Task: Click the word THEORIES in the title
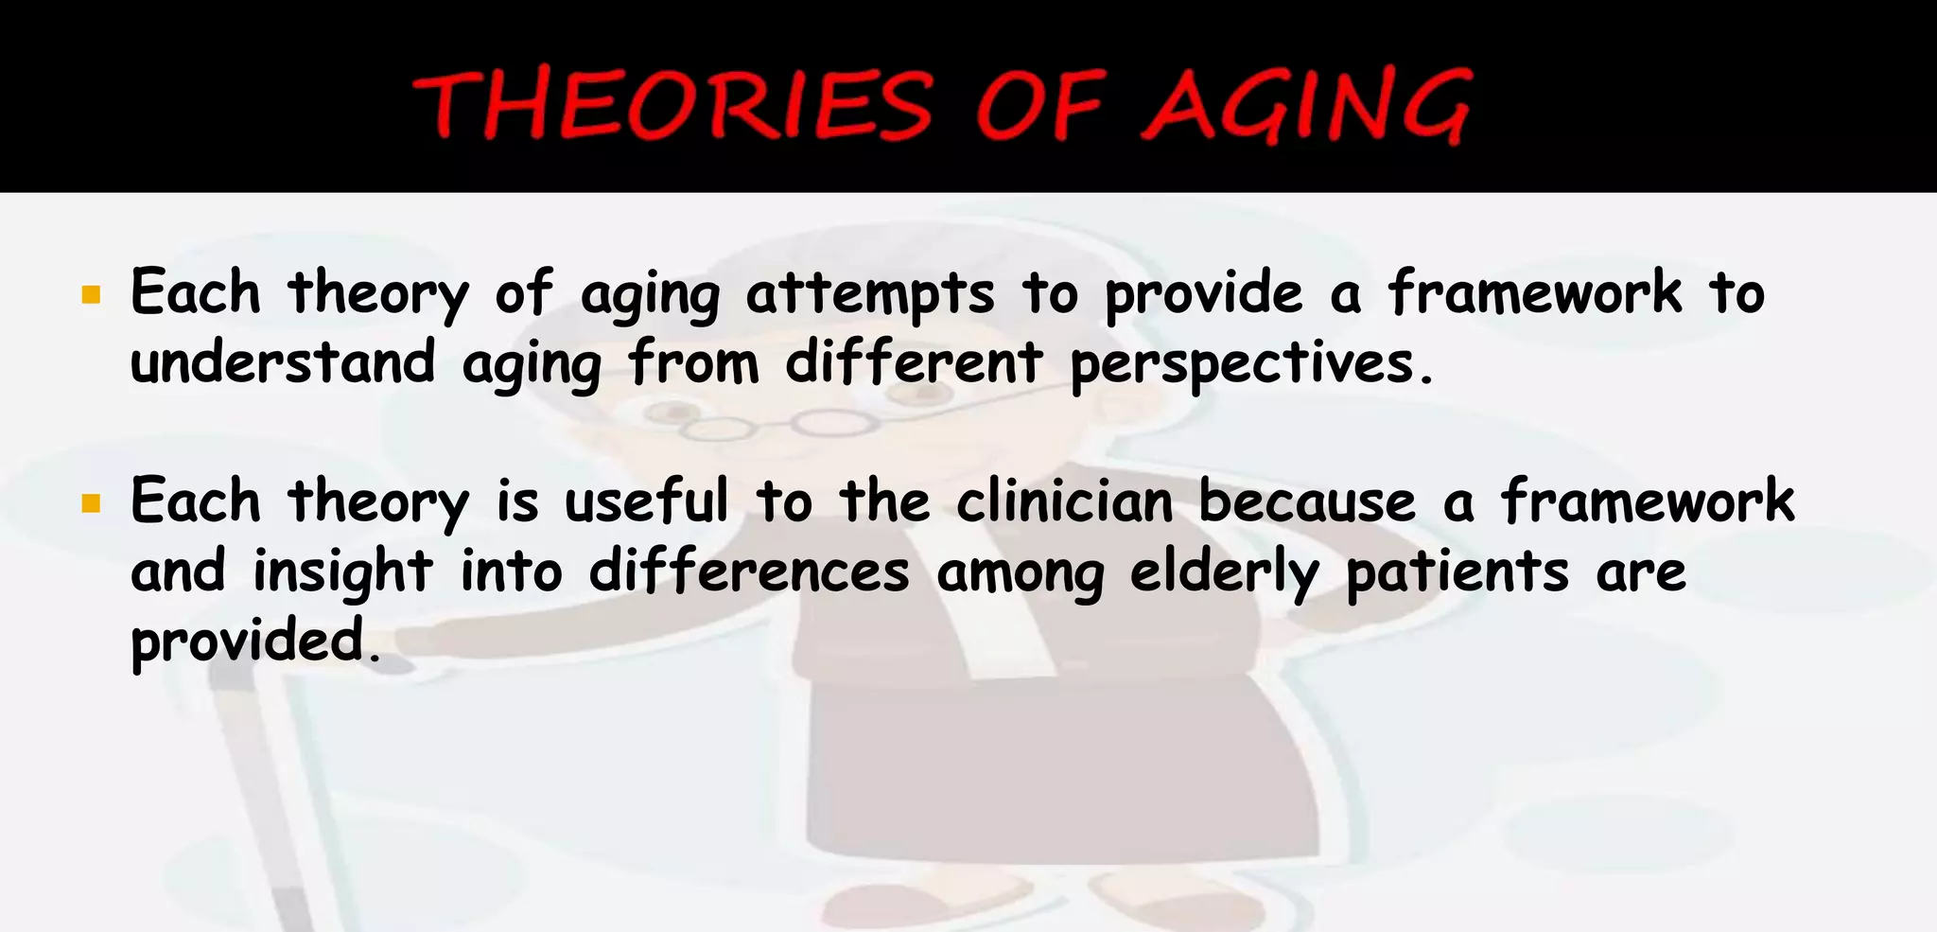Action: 673,106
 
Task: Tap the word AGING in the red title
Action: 1307,106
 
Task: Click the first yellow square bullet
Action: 91,295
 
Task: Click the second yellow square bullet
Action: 91,503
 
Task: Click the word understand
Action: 283,363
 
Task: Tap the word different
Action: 914,363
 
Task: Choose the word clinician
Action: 1064,501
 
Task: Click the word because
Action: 1307,501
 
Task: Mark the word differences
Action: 749,572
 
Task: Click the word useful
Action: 647,501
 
